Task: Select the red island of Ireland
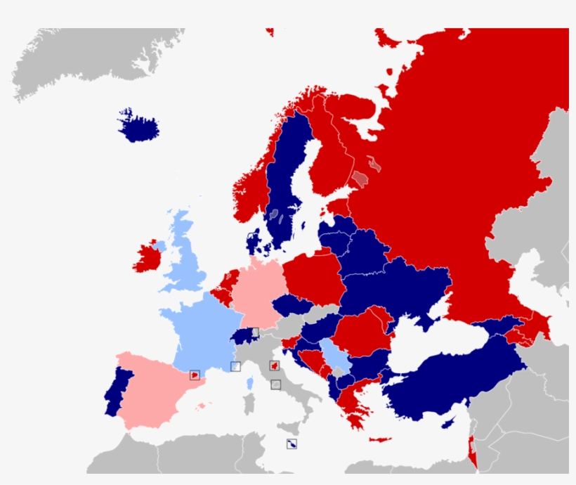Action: pos(149,257)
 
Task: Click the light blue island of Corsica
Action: pos(249,383)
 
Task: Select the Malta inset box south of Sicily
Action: pos(291,444)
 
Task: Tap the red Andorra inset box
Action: pos(195,375)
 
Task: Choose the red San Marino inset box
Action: pos(275,366)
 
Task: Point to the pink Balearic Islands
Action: pos(203,406)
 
